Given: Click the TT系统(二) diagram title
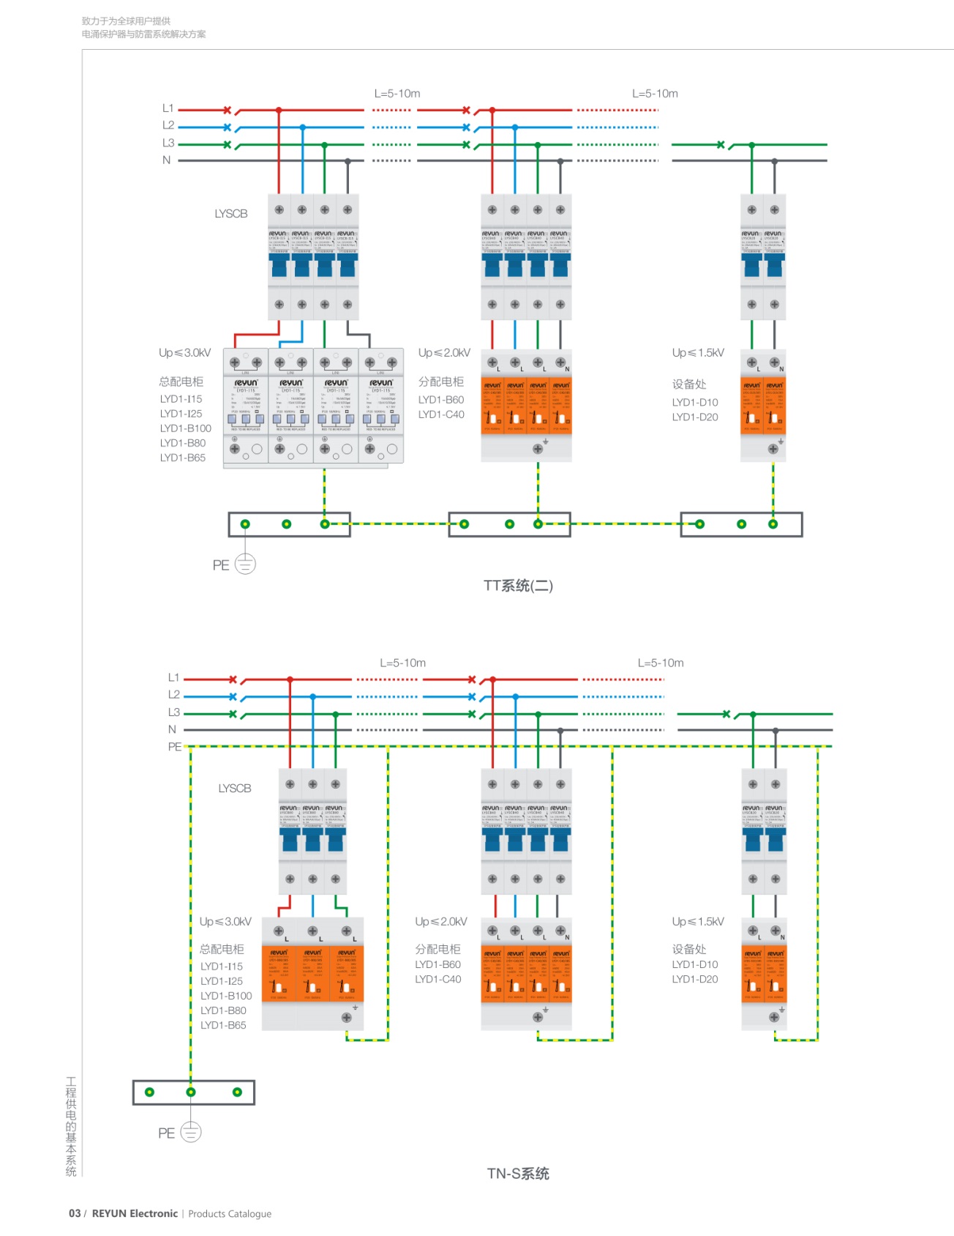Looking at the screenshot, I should click(x=518, y=586).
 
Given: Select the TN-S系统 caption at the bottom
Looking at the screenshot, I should click(x=518, y=1174).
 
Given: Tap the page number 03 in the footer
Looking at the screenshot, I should click(x=75, y=1213).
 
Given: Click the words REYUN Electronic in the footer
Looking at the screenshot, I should click(x=135, y=1213).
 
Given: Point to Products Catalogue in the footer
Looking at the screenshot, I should click(x=230, y=1214).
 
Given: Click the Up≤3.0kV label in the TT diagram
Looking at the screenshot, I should click(x=185, y=353).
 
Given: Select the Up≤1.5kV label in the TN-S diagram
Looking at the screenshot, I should click(x=698, y=922).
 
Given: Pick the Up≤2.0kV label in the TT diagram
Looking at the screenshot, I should click(x=444, y=353).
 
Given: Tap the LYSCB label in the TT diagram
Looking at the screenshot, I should click(x=231, y=214).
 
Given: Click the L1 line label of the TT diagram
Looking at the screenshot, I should click(x=168, y=108).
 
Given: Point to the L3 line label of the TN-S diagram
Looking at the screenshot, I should click(x=174, y=712).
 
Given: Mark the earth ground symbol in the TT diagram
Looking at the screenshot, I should click(x=245, y=564).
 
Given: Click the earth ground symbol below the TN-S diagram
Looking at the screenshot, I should click(x=190, y=1132).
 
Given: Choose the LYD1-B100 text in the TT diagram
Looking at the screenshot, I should click(x=186, y=428).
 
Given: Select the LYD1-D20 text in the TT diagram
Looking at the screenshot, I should click(x=695, y=417).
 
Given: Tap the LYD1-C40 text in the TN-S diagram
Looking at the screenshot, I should click(x=438, y=980).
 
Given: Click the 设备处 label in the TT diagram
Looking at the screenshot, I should click(x=689, y=384).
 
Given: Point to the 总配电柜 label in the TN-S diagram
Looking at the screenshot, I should click(x=222, y=949).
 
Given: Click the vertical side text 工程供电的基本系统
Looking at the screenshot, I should click(x=71, y=1126).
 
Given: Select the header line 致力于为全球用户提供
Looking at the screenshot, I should click(x=126, y=21).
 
